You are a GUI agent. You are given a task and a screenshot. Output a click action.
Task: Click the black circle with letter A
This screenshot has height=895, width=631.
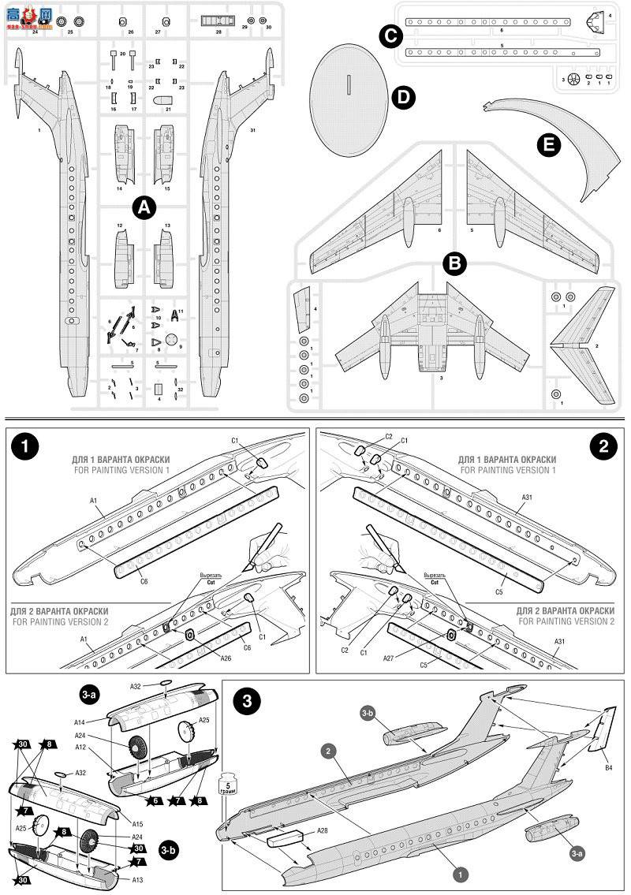pos(143,207)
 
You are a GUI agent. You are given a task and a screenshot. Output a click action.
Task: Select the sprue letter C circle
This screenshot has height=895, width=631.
pos(390,35)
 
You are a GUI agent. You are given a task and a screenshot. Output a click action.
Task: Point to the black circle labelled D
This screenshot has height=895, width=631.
pos(403,98)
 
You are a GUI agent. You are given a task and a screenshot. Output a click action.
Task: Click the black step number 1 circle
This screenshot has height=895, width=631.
pos(25,446)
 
